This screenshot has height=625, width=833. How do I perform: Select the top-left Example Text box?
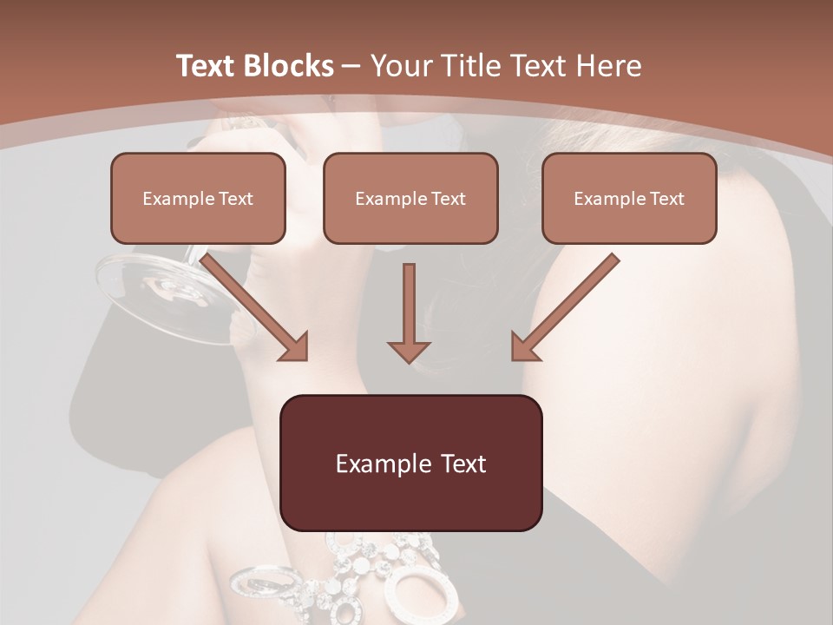coord(198,198)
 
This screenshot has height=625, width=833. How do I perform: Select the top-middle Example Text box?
coord(410,198)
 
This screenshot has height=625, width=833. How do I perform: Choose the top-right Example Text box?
coord(629,198)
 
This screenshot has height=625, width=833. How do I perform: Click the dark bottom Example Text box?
coord(411,463)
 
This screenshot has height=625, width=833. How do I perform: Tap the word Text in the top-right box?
coord(666,198)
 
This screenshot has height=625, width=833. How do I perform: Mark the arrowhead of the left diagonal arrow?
coord(295,347)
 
